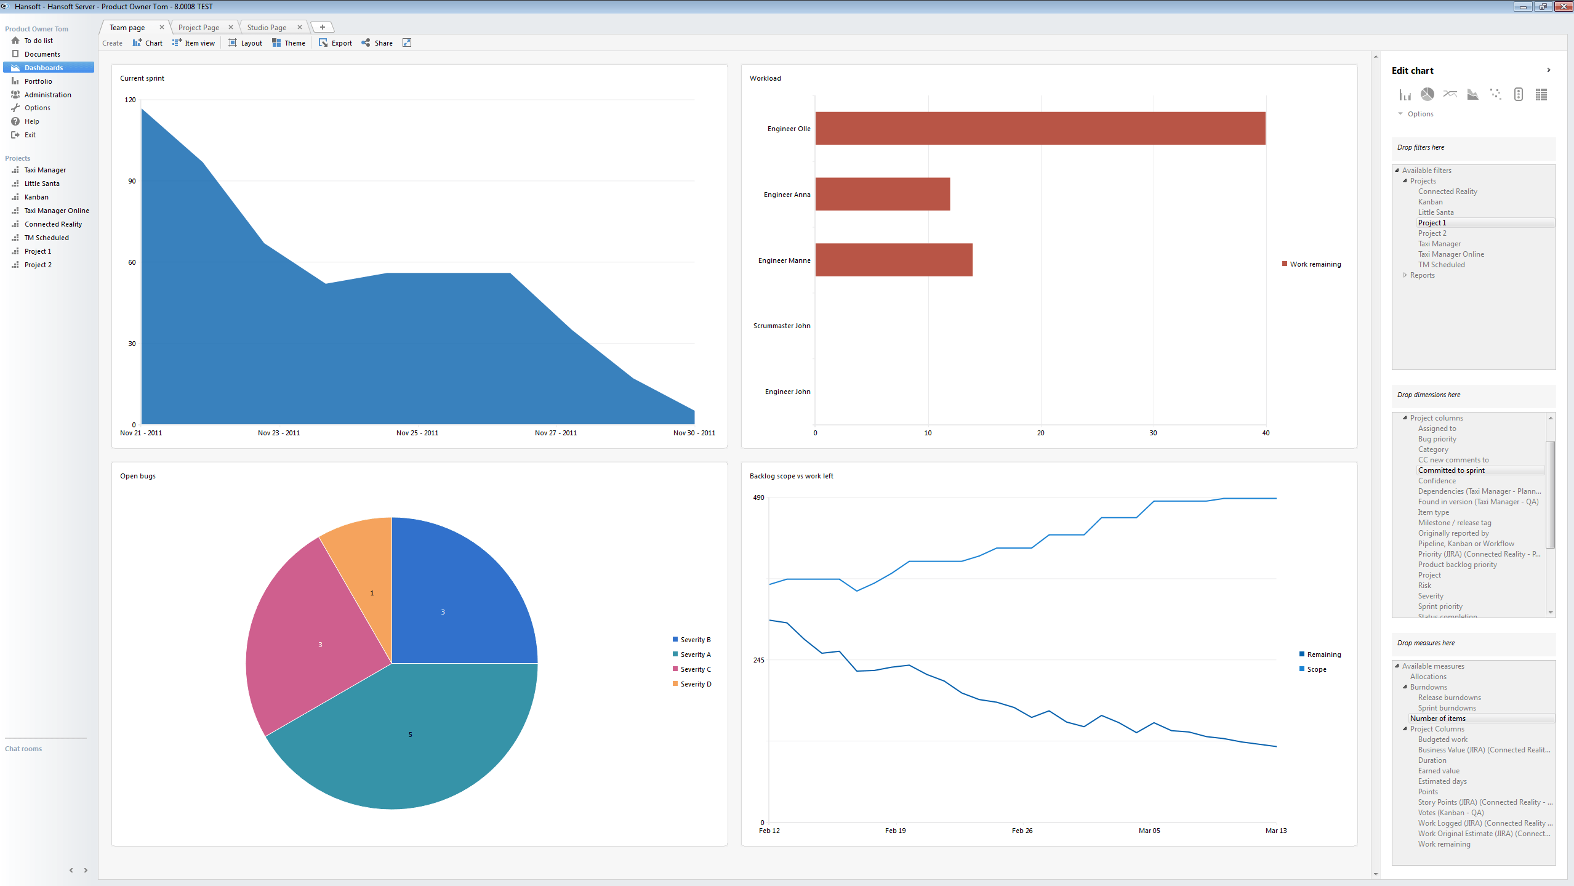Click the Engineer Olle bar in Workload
[1040, 128]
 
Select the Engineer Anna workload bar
[882, 194]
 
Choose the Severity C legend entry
[695, 669]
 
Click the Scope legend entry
[1316, 669]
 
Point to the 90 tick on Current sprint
[132, 181]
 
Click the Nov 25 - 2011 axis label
[417, 433]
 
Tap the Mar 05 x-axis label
[1149, 831]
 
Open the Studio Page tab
[267, 28]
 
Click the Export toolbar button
[336, 43]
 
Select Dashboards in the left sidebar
[43, 68]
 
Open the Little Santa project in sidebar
[42, 183]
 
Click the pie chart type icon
[1427, 94]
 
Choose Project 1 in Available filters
[1432, 223]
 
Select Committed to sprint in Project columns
[1451, 470]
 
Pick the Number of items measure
[1437, 719]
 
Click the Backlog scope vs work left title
[791, 476]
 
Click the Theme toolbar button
[289, 43]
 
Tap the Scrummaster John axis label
[781, 326]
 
